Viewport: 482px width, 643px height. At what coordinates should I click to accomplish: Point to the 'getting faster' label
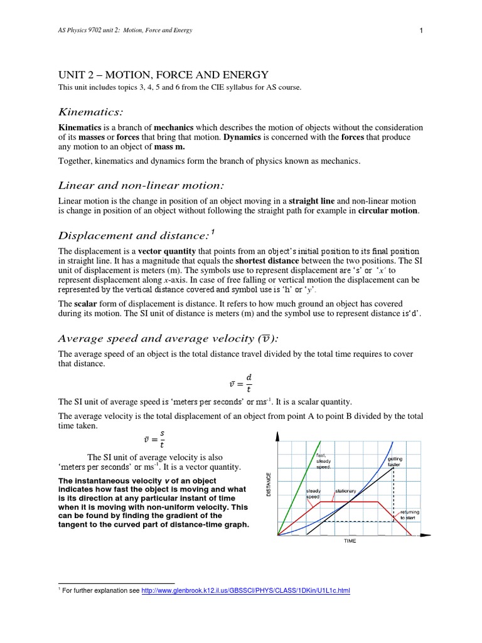394,462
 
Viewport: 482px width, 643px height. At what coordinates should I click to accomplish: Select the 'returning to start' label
410,515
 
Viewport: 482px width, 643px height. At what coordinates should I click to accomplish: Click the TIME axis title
349,541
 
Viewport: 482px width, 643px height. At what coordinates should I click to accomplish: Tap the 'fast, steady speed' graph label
323,462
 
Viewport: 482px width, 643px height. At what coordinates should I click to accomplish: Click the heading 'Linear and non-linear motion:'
141,185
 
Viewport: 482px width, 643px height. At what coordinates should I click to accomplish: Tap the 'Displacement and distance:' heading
133,235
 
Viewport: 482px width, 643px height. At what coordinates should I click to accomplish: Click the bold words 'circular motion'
387,210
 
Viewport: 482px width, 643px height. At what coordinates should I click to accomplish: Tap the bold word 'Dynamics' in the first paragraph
244,138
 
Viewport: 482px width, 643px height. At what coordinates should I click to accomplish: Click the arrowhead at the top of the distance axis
277,436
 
